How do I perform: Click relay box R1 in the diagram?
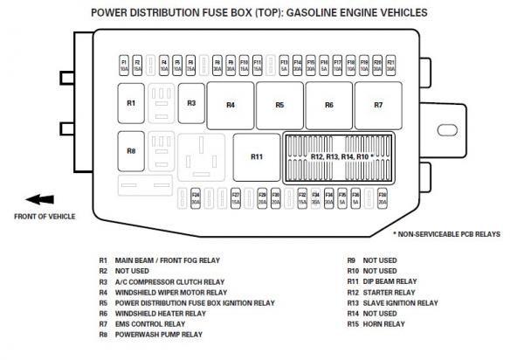[131, 103]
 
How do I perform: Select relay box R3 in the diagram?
[191, 103]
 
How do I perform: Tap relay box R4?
[231, 105]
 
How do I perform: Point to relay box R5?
[279, 105]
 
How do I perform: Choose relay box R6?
[329, 105]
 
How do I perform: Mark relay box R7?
[378, 105]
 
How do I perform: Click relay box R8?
[131, 151]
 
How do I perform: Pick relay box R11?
[256, 156]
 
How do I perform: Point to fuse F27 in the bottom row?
[236, 197]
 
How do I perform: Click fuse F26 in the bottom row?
[196, 197]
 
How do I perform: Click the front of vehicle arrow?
[40, 199]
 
